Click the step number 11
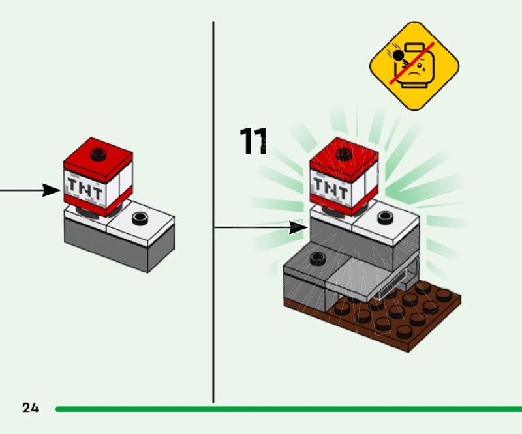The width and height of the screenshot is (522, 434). point(253,141)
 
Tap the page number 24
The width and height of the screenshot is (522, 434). point(31,408)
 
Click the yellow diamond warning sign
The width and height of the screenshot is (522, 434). point(414,66)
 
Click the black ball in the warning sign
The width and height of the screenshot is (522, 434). point(398,55)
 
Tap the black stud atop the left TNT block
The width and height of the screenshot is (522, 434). point(99,154)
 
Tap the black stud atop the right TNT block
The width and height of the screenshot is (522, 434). point(345,154)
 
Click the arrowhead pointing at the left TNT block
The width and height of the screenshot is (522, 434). point(52,190)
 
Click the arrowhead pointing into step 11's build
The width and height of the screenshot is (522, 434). point(298,228)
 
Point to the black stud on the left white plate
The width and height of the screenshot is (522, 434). point(140,218)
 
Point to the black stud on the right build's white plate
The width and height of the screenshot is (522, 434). point(386,218)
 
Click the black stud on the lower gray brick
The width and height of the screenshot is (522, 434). point(317,258)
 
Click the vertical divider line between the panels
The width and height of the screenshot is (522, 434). point(213,212)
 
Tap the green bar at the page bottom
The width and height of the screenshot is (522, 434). point(288,409)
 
